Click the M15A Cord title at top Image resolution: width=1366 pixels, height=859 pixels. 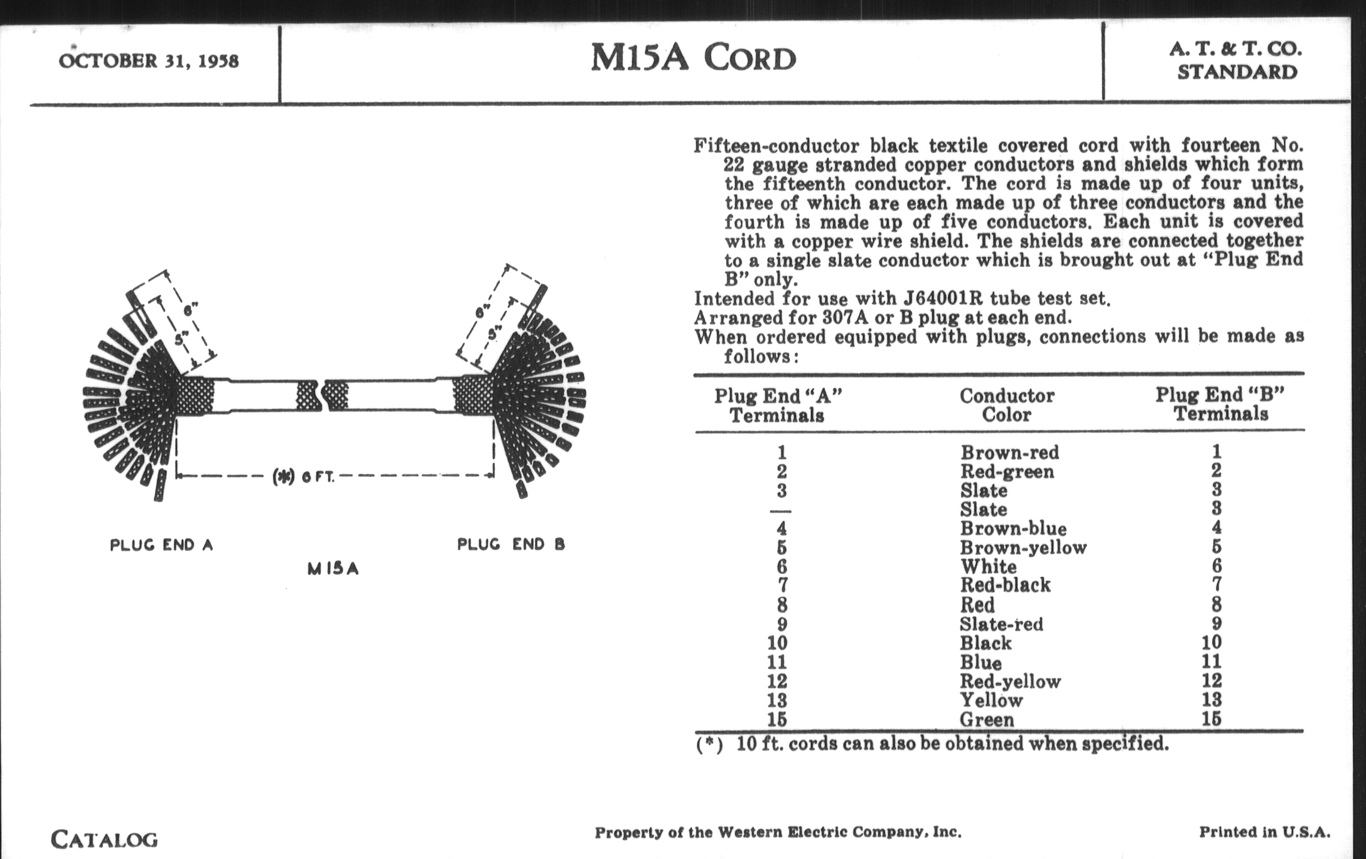[693, 58]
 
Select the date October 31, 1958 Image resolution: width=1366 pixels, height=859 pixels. [149, 61]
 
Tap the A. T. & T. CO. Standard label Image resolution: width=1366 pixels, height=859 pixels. [1236, 61]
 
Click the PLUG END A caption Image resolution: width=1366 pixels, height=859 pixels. [161, 545]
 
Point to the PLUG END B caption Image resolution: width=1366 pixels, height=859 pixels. [511, 545]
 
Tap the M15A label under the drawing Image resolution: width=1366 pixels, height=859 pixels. [333, 568]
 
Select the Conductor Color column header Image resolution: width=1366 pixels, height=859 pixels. [1007, 405]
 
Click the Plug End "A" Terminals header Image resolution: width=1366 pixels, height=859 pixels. [778, 405]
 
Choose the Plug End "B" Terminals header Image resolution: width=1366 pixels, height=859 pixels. [1220, 404]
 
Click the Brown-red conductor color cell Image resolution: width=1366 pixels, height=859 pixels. [1010, 453]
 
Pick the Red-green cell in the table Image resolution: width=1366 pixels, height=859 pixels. [1007, 472]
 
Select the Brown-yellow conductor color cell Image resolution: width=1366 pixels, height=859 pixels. [1023, 548]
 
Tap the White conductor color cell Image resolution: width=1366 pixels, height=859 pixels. [988, 566]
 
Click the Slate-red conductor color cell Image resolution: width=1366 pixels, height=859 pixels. [1001, 624]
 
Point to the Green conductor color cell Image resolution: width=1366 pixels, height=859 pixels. [986, 720]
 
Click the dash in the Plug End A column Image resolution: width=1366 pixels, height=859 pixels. [781, 511]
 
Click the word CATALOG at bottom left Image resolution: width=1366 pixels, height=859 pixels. [104, 839]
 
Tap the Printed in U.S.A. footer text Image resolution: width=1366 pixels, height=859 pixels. [1264, 832]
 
